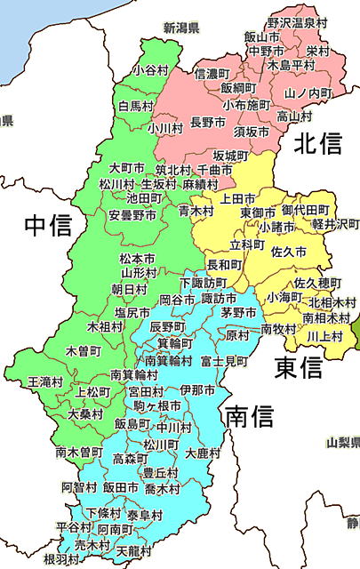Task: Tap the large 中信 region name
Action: (x=47, y=225)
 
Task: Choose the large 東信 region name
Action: (x=298, y=366)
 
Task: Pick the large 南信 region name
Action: (x=248, y=415)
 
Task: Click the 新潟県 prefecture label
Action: (x=181, y=28)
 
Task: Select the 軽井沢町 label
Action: (x=333, y=224)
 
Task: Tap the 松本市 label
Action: (x=137, y=258)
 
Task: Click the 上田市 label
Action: (x=238, y=198)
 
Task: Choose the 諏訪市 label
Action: (x=220, y=298)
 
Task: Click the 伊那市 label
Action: (x=197, y=390)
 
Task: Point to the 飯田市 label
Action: (x=121, y=488)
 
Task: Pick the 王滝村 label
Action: (x=45, y=381)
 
